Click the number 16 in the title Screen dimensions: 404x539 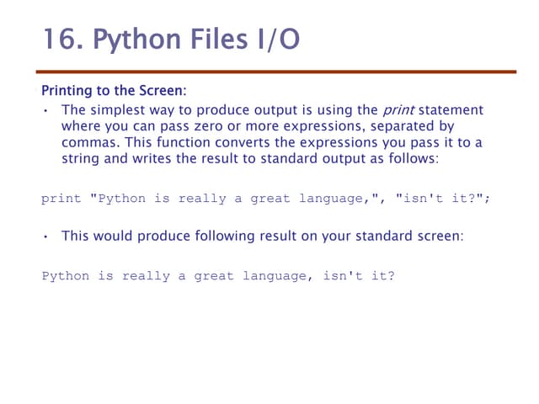(x=58, y=40)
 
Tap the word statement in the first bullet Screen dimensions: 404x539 (x=451, y=110)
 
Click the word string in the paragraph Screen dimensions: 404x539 (x=83, y=158)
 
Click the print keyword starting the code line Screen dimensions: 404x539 (x=61, y=199)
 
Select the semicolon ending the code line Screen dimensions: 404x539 (x=487, y=199)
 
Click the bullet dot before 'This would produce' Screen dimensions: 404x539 (x=45, y=237)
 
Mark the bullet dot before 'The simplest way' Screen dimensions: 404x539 (x=45, y=111)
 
